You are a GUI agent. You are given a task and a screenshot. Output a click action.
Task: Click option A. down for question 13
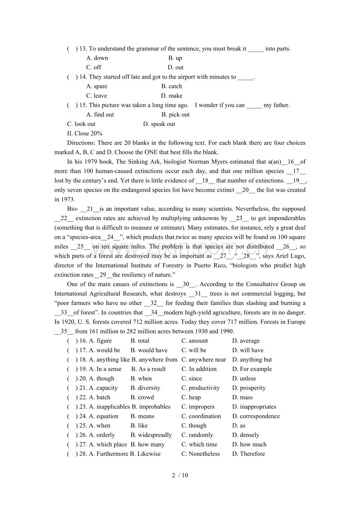click(x=97, y=58)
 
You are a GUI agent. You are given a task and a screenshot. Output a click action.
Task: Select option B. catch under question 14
click(x=171, y=86)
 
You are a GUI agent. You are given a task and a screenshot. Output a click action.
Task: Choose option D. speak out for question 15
click(x=159, y=124)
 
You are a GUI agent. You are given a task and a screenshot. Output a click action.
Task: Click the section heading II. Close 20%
click(x=85, y=133)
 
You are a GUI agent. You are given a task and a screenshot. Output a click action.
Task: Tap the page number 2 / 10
click(x=180, y=475)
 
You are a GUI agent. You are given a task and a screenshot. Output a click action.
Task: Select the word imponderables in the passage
click(x=282, y=218)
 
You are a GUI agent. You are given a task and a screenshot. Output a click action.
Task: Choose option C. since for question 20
click(x=191, y=378)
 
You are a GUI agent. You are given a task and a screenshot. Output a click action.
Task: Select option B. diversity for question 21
click(x=145, y=388)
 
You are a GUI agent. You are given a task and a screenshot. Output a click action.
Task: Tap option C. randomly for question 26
click(x=197, y=435)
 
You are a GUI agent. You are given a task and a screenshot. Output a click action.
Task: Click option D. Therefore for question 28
click(x=248, y=454)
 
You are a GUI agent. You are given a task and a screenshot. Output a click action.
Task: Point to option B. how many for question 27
click(x=148, y=444)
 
